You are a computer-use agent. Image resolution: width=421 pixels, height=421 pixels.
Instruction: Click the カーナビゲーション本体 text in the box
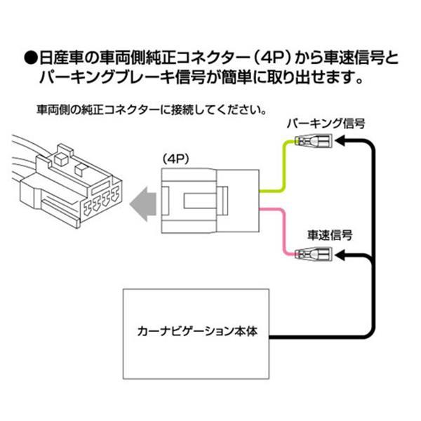click(x=198, y=328)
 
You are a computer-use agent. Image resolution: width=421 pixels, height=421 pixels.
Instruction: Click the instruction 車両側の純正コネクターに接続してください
click(x=151, y=111)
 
